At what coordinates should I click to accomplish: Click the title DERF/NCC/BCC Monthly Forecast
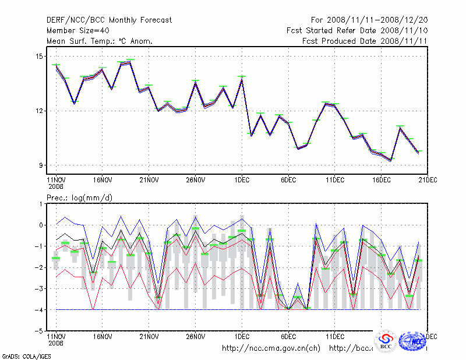click(x=109, y=20)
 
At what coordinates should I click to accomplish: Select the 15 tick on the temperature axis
click(x=40, y=57)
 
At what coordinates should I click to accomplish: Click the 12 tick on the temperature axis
click(x=40, y=111)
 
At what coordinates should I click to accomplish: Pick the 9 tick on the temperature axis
click(x=41, y=165)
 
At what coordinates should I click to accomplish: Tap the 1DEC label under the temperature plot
click(x=242, y=180)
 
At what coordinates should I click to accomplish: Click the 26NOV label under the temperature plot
click(x=195, y=180)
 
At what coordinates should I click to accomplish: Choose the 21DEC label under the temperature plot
click(x=428, y=180)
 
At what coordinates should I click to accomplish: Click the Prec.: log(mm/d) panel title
click(x=79, y=198)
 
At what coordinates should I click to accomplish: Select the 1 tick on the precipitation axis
click(x=41, y=204)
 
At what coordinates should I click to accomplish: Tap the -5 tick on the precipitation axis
click(x=39, y=331)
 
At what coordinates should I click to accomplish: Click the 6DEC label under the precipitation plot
click(x=288, y=336)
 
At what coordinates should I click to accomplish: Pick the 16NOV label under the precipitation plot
click(x=102, y=336)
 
